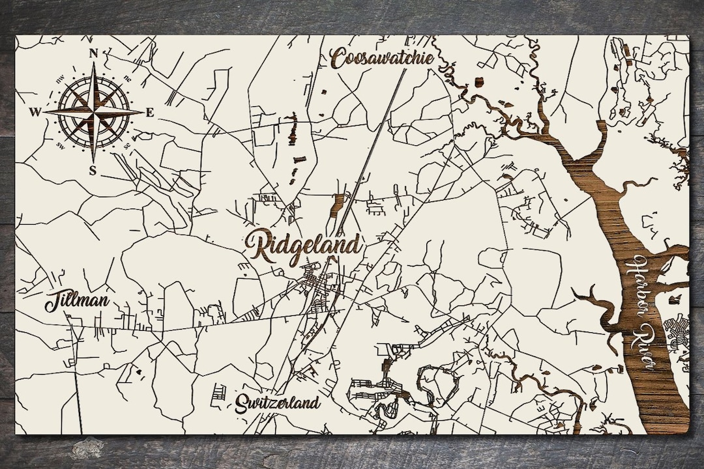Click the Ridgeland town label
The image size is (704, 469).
pyautogui.click(x=303, y=246)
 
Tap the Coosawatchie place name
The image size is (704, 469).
pyautogui.click(x=382, y=57)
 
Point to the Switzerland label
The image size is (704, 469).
pyautogui.click(x=278, y=402)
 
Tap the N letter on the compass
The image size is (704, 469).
pyautogui.click(x=93, y=53)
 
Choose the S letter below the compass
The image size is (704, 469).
pyautogui.click(x=93, y=171)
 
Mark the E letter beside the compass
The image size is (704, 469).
pyautogui.click(x=149, y=113)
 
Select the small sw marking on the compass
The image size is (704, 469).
pyautogui.click(x=61, y=144)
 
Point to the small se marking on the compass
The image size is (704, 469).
pyautogui.click(x=126, y=144)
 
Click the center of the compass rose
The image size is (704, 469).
pyautogui.click(x=93, y=113)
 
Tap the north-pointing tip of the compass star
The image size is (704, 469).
pyautogui.click(x=93, y=64)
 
